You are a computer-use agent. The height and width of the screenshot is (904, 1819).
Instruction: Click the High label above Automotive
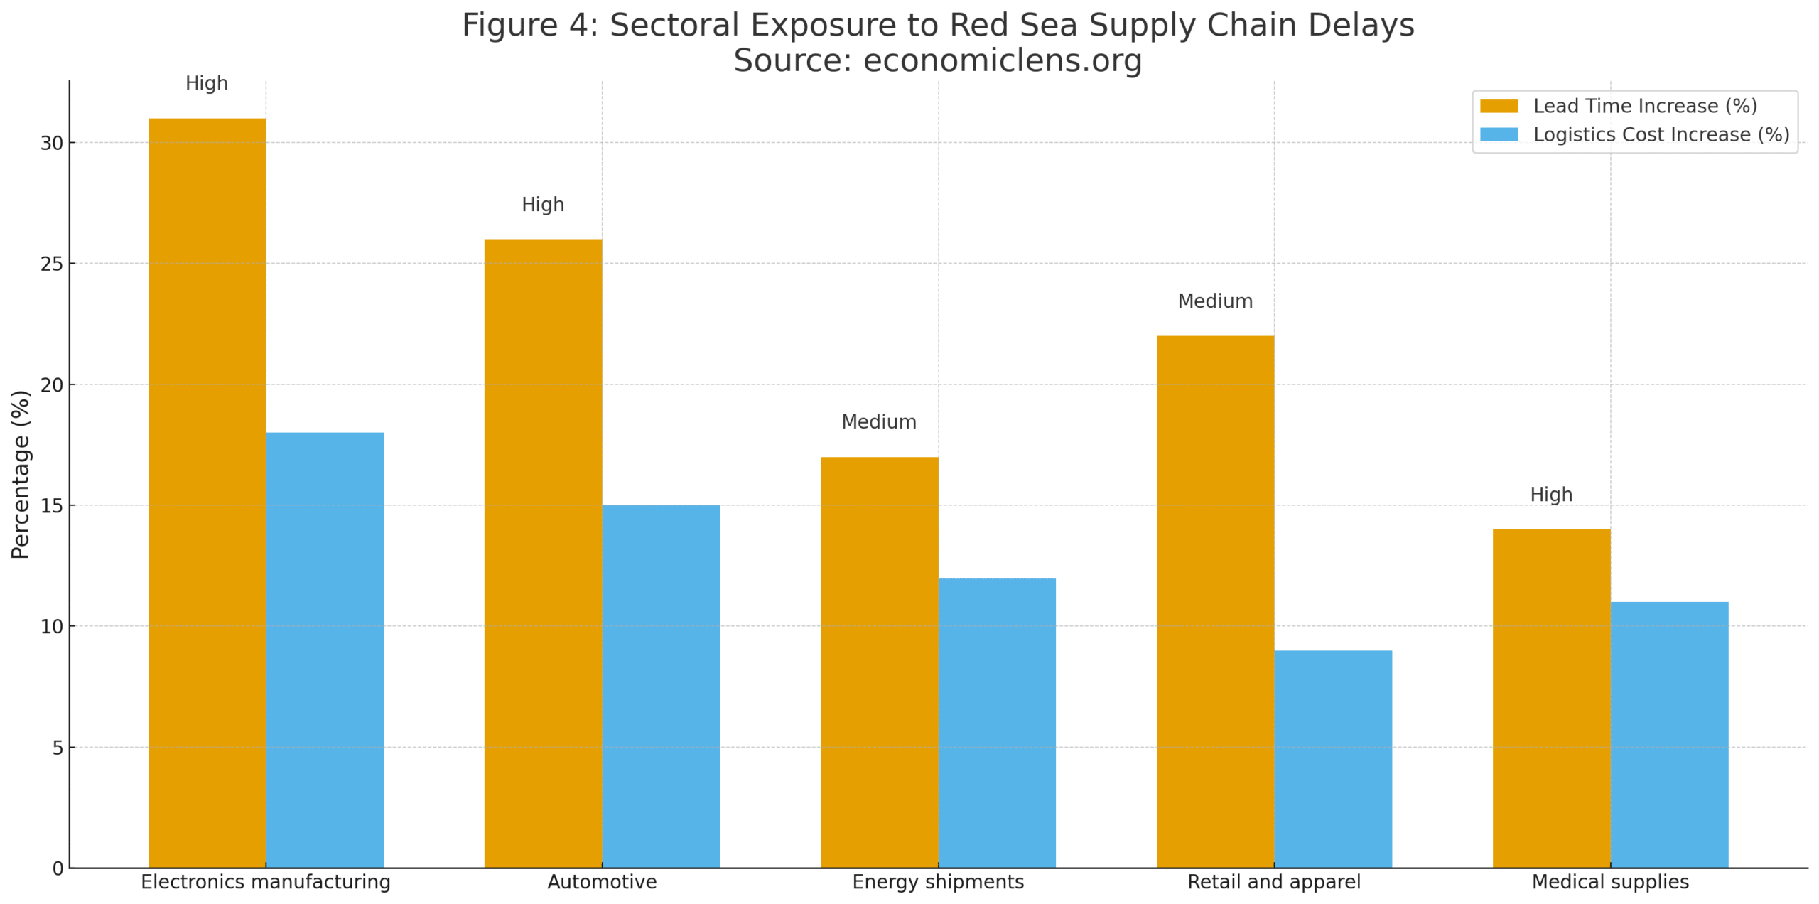[x=543, y=205]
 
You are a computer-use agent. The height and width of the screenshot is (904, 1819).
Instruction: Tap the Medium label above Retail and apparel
[x=1215, y=301]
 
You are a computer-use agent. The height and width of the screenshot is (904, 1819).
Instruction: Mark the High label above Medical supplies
[x=1551, y=495]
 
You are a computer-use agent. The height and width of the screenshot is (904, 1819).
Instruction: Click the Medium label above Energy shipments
[x=879, y=422]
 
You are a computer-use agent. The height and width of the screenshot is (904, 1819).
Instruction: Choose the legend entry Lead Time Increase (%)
[x=1644, y=106]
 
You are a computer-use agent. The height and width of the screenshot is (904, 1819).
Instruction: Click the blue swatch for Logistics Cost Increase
[x=1499, y=134]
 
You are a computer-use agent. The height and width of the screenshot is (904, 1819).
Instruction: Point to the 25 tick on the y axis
[x=52, y=264]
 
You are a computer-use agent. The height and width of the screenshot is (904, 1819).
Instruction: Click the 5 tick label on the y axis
[x=58, y=748]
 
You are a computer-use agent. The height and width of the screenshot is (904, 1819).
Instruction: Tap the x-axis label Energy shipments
[x=938, y=881]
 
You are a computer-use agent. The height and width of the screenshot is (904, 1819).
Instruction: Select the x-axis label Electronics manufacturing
[x=266, y=881]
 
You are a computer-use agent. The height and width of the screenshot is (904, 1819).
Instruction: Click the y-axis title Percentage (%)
[x=21, y=474]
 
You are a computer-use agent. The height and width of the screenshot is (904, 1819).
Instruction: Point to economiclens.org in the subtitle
[x=1003, y=60]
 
